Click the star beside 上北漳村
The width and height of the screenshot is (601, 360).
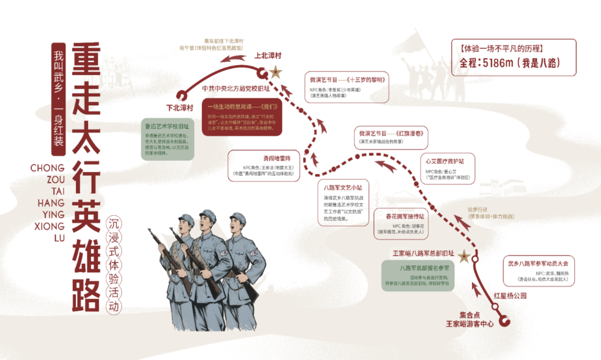click(275, 73)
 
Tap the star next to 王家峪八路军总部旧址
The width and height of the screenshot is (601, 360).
click(464, 257)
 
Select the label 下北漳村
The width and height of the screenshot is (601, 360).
click(180, 107)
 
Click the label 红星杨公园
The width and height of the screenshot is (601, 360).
click(510, 295)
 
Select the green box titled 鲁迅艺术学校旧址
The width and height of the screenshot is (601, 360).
click(167, 139)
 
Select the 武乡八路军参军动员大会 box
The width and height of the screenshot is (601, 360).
click(538, 271)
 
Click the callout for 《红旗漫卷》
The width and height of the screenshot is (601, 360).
click(391, 137)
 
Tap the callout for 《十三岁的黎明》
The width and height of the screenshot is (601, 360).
click(347, 87)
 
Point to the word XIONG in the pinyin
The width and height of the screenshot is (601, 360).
click(49, 227)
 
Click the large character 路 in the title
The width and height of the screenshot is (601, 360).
click(85, 289)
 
